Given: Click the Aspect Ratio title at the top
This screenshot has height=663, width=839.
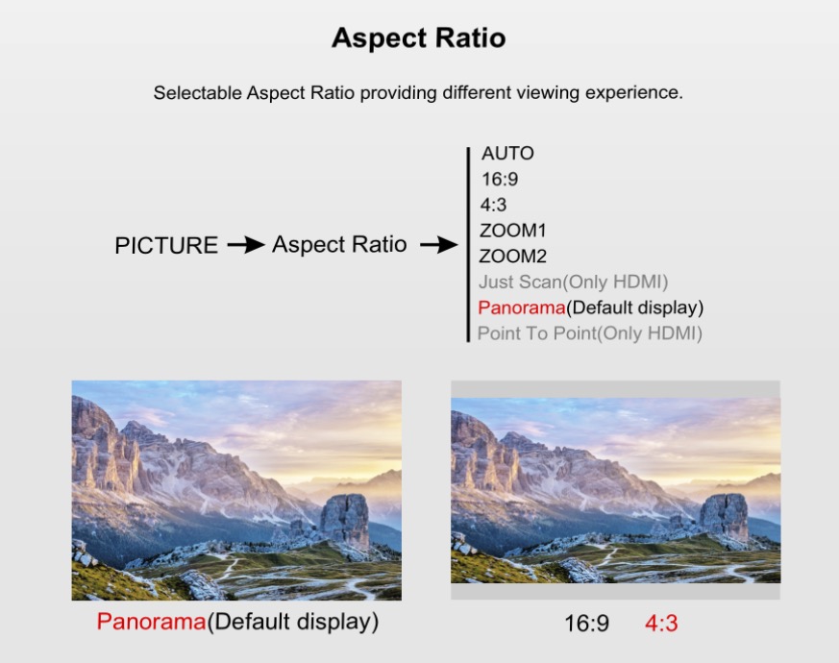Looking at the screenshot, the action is click(418, 38).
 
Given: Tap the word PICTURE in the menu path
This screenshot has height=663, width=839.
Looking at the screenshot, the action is click(166, 246).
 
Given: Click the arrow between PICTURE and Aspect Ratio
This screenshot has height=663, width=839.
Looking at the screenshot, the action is click(246, 245).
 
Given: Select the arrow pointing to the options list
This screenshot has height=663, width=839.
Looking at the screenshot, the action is click(439, 245).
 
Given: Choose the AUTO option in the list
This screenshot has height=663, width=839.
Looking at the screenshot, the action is click(507, 154).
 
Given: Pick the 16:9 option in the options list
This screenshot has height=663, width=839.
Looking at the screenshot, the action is click(500, 180).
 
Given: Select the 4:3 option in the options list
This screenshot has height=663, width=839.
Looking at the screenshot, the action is click(493, 205).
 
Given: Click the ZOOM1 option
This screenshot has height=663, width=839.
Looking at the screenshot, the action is click(512, 231).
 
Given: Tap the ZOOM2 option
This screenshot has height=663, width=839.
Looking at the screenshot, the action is click(512, 257).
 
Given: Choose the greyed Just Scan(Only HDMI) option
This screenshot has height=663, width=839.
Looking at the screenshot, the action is click(573, 282).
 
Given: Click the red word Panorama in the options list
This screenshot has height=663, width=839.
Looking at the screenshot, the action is click(522, 307).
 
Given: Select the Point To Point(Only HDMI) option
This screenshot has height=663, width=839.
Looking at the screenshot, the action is click(590, 333).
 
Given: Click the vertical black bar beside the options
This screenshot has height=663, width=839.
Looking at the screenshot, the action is click(468, 245).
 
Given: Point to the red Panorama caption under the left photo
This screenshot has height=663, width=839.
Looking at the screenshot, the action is click(152, 622).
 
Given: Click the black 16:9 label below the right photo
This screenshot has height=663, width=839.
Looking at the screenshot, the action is click(587, 624).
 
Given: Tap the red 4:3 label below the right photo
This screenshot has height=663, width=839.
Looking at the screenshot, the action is click(661, 624).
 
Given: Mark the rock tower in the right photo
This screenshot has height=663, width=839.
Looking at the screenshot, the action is click(724, 517).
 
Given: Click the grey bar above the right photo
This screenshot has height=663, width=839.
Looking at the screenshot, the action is click(615, 389).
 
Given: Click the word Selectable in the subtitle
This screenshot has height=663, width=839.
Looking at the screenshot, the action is click(198, 92).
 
